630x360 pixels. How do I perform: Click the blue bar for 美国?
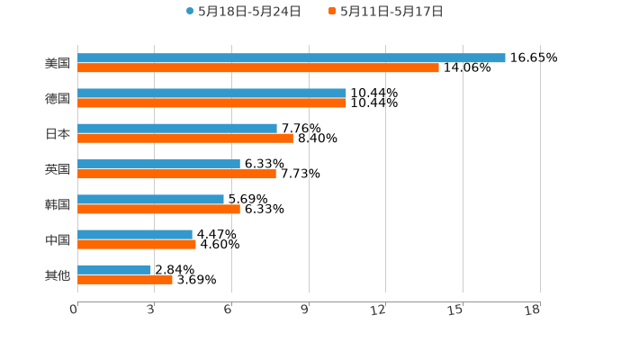(x=292, y=58)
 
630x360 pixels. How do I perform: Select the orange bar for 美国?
(x=258, y=67)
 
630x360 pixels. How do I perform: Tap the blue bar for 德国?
(x=211, y=93)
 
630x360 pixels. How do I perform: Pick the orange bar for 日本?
(x=185, y=139)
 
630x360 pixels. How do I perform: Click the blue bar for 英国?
(x=158, y=164)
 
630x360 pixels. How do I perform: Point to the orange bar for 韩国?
(x=158, y=209)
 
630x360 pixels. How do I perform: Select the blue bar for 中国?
(x=135, y=234)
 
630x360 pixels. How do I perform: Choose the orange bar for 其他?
(x=125, y=279)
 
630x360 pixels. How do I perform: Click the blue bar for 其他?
(x=114, y=269)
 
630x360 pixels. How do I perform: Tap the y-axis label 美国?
(x=58, y=63)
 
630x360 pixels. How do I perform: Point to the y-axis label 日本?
(x=58, y=133)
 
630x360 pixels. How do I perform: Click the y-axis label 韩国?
(x=58, y=204)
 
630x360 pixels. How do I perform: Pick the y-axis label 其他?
(x=58, y=274)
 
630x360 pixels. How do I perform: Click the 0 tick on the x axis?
(x=74, y=310)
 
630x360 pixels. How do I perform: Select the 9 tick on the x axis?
(x=305, y=310)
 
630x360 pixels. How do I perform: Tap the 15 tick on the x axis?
(x=455, y=310)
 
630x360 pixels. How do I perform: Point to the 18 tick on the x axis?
(x=533, y=310)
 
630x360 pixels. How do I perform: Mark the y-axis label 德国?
(x=58, y=98)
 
